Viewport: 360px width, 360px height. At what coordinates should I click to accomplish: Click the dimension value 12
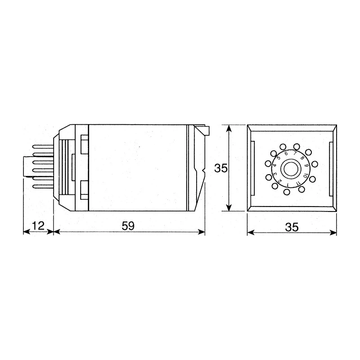tap(38, 226)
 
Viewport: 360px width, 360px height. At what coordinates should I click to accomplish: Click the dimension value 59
tap(128, 226)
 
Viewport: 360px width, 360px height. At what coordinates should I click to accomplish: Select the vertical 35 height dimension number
tap(220, 168)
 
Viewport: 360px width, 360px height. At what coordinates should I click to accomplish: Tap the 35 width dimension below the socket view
tap(292, 227)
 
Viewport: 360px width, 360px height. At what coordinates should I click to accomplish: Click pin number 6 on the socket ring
tap(286, 153)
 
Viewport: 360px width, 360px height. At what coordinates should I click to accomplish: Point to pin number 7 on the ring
tap(295, 153)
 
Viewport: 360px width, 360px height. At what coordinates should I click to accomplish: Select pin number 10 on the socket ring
tap(305, 176)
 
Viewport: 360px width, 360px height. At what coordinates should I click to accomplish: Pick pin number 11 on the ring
tap(298, 183)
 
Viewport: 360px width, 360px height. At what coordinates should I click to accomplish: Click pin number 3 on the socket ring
tap(275, 174)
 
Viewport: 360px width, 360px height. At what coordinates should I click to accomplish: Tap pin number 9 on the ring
tap(306, 166)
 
